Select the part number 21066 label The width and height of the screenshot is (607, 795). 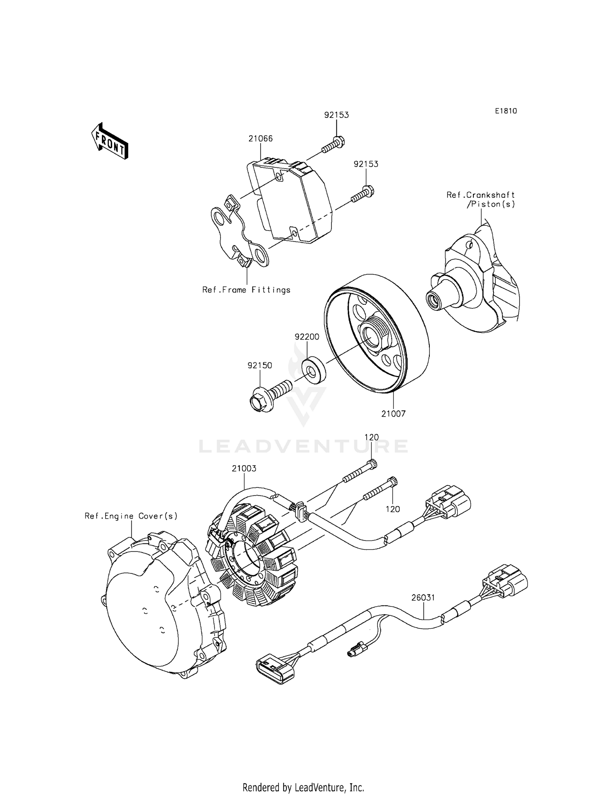261,139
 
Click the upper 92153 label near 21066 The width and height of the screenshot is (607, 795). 336,115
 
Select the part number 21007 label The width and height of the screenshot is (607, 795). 393,414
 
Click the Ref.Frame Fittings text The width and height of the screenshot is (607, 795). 246,290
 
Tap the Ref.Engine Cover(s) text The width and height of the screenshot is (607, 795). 131,516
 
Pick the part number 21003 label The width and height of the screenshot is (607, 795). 244,468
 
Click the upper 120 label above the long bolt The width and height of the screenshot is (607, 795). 371,437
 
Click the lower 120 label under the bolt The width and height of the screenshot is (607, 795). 393,509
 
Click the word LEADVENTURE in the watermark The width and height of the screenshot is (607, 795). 303,446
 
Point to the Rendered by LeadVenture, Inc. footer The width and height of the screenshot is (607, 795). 303,776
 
